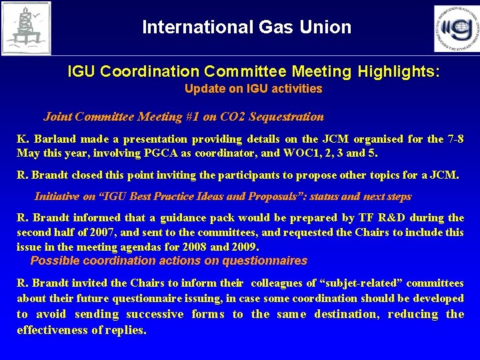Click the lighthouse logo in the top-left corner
pyautogui.click(x=25, y=27)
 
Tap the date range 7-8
pyautogui.click(x=455, y=139)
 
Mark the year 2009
pyautogui.click(x=243, y=247)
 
